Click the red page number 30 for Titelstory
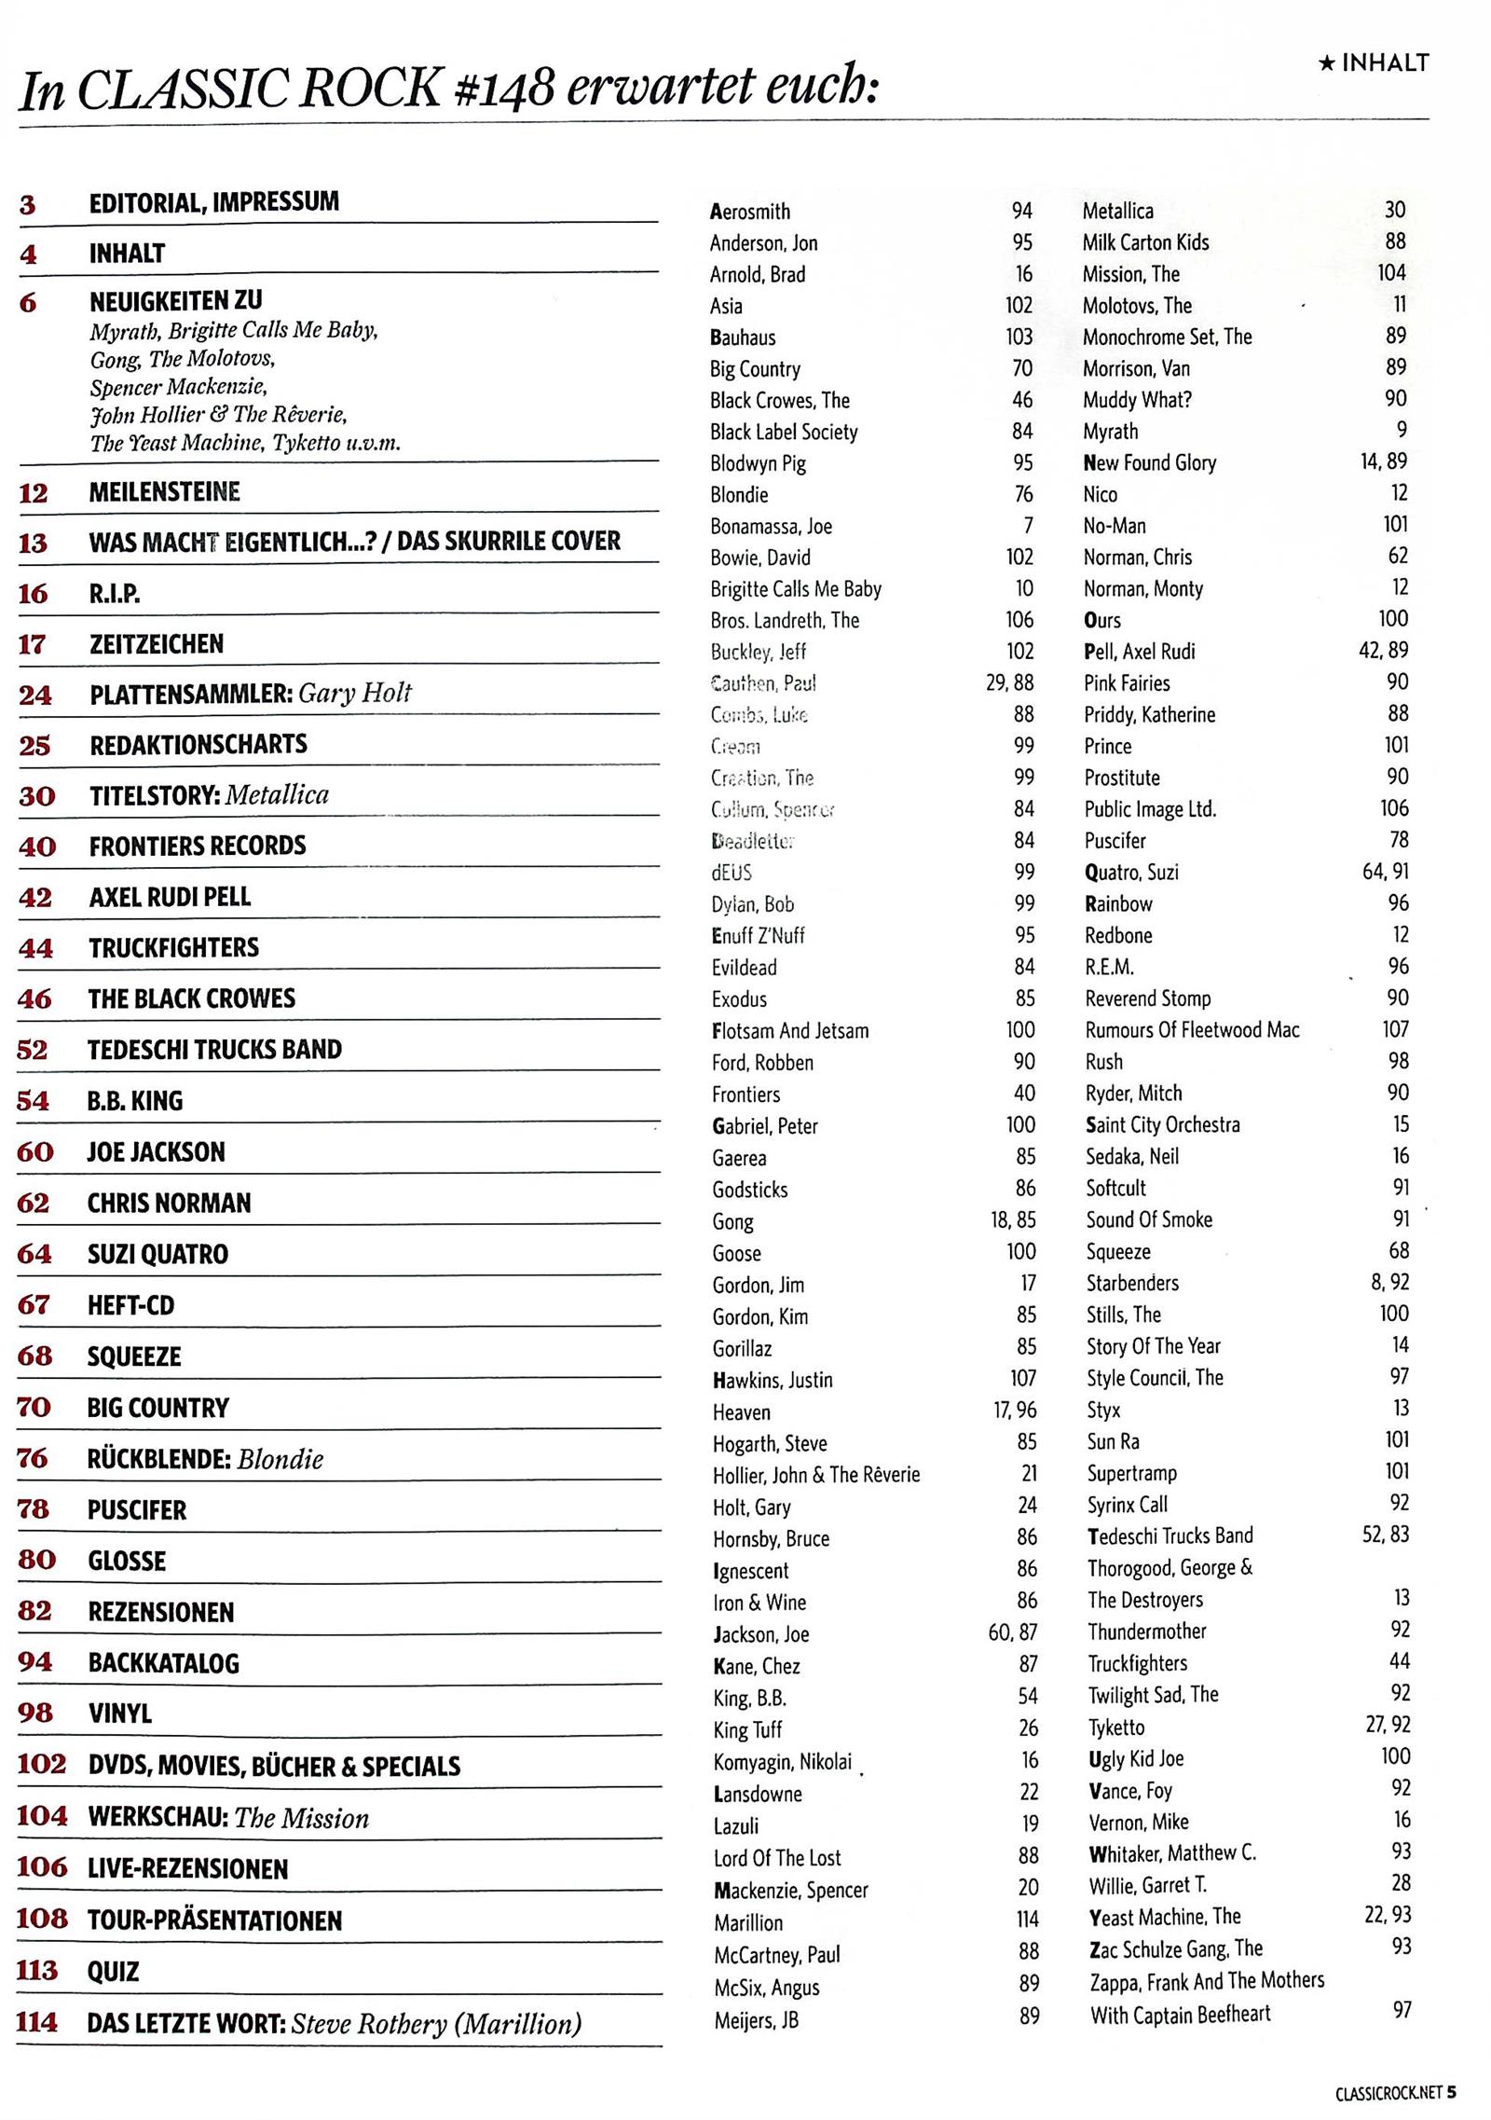[36, 795]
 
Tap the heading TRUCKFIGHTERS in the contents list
[173, 947]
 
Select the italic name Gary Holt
[354, 693]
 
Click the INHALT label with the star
[1374, 62]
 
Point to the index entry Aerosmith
[749, 212]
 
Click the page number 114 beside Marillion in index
[1027, 1919]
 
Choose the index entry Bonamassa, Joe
[771, 526]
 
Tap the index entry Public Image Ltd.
[1150, 808]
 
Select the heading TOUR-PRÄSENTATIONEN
[214, 1920]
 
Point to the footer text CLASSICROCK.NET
[1388, 2092]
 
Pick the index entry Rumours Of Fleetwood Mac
[1192, 1029]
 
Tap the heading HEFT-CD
[130, 1304]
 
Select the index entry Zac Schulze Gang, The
[1176, 1948]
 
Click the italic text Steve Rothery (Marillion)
[436, 2023]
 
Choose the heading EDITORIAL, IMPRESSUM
[213, 202]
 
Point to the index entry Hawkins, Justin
[773, 1379]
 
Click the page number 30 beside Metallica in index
[1394, 210]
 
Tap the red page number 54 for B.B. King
[34, 1100]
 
